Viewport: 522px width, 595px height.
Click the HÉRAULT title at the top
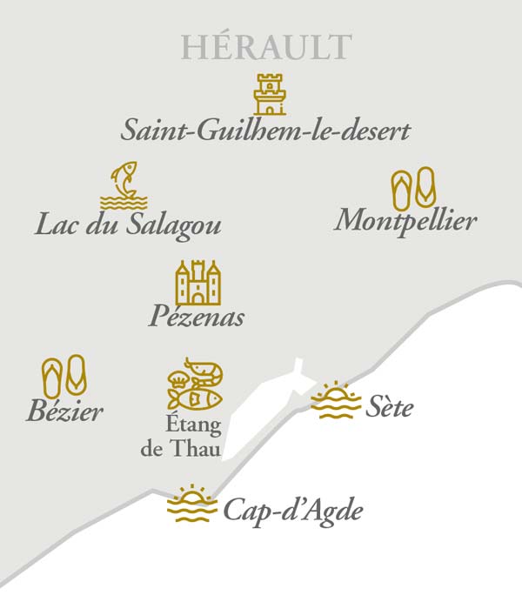266,47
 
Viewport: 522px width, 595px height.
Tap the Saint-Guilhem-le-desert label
265,131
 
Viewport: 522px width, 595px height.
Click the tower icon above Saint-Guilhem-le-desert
270,94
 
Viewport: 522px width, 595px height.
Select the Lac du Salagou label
128,224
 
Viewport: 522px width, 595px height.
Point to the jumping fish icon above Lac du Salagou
124,184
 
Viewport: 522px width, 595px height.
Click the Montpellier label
405,219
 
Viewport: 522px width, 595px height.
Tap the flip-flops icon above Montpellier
413,189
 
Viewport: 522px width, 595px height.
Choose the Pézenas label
196,316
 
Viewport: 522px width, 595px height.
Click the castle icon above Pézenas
197,282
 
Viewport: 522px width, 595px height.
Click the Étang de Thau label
181,438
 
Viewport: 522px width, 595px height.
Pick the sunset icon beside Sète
335,401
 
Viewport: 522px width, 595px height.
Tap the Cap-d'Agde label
292,511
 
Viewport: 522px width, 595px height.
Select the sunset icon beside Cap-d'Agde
191,505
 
